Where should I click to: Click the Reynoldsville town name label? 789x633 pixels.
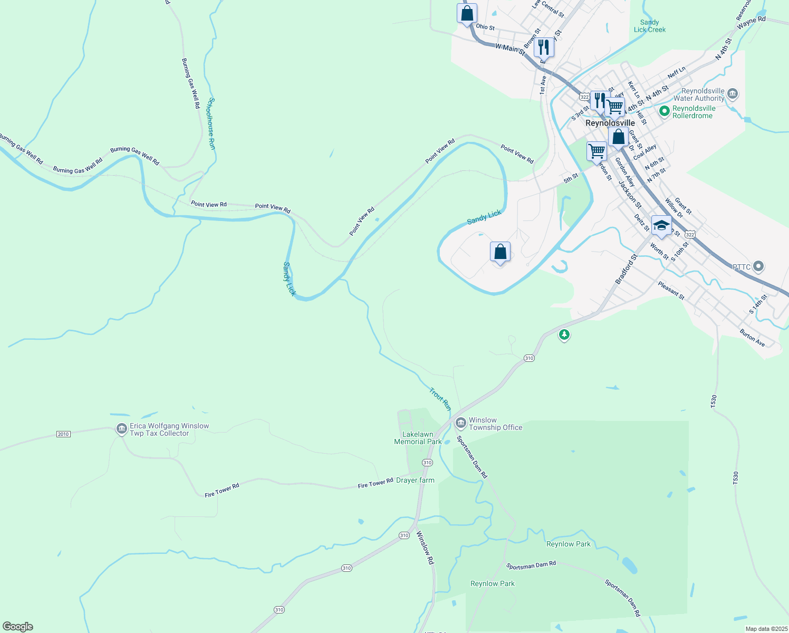pyautogui.click(x=610, y=123)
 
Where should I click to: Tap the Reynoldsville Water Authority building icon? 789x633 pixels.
pyautogui.click(x=732, y=94)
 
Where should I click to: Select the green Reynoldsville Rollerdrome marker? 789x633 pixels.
pyautogui.click(x=665, y=111)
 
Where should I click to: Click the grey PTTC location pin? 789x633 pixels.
pyautogui.click(x=758, y=266)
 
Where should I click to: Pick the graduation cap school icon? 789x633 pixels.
pyautogui.click(x=661, y=226)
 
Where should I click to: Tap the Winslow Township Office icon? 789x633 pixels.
pyautogui.click(x=461, y=423)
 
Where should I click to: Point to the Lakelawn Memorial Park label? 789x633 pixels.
pyautogui.click(x=418, y=438)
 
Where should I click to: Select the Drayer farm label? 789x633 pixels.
pyautogui.click(x=415, y=480)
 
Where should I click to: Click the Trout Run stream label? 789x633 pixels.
pyautogui.click(x=440, y=399)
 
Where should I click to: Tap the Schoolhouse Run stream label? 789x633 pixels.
pyautogui.click(x=211, y=123)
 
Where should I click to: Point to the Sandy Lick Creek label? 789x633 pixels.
pyautogui.click(x=649, y=26)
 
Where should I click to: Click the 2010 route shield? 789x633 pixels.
pyautogui.click(x=63, y=434)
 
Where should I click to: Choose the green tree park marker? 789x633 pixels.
pyautogui.click(x=564, y=334)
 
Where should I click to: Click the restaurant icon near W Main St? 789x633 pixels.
pyautogui.click(x=543, y=47)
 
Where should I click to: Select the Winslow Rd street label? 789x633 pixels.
pyautogui.click(x=425, y=548)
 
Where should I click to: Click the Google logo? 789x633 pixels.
pyautogui.click(x=18, y=626)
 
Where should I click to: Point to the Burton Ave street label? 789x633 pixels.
pyautogui.click(x=752, y=338)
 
